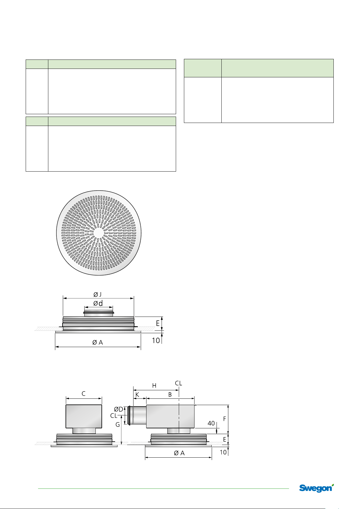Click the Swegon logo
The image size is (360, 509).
tap(317, 488)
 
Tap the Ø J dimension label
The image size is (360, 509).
tap(98, 295)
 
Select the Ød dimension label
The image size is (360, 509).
tap(98, 303)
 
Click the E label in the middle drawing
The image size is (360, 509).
tap(158, 323)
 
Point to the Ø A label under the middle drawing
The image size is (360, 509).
tap(98, 343)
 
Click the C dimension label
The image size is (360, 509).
tap(84, 394)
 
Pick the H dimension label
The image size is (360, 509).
tap(154, 385)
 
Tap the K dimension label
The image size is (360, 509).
tap(137, 395)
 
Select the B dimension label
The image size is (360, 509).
tap(170, 395)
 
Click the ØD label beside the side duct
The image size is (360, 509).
tap(119, 409)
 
